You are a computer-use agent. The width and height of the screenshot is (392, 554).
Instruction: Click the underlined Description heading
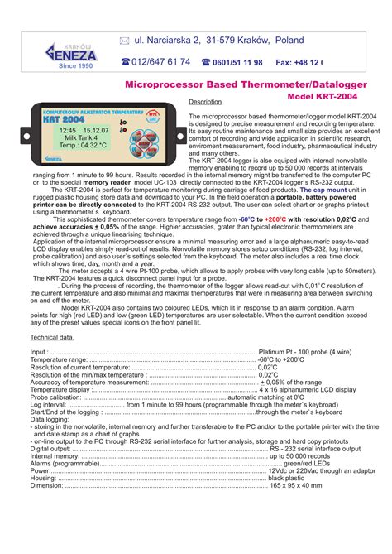(206, 102)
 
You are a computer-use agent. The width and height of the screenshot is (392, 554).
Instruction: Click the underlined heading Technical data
(52, 338)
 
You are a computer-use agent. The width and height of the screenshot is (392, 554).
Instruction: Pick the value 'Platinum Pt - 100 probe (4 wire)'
(304, 353)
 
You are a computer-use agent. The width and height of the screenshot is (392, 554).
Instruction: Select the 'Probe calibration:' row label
(56, 397)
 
